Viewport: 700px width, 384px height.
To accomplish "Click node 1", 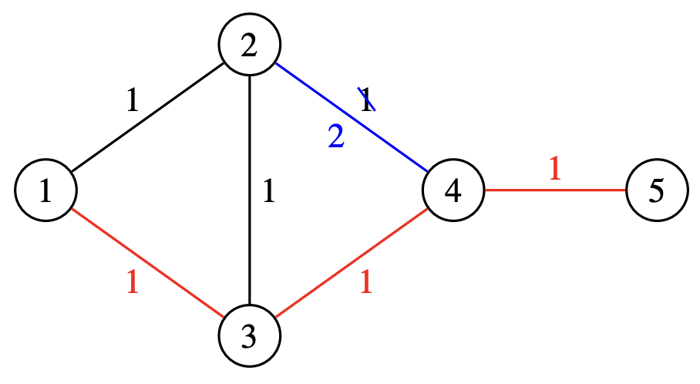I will [x=45, y=191].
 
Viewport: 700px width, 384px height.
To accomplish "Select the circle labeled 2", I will [x=249, y=46].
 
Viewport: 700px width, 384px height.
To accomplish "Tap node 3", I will [x=249, y=336].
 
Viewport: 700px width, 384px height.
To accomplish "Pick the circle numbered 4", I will [x=453, y=191].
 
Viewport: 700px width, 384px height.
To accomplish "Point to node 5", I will [x=656, y=191].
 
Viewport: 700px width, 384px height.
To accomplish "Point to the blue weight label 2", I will [x=336, y=136].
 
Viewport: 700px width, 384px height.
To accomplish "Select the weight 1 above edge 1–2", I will [x=132, y=102].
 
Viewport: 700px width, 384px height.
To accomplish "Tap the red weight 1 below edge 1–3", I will [x=132, y=284].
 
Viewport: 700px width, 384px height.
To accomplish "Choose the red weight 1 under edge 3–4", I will [x=366, y=284].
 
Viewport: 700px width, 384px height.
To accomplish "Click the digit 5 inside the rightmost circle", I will [x=656, y=191].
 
